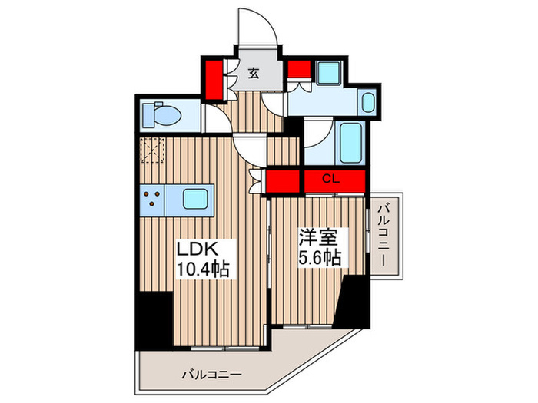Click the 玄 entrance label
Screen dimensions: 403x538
[254, 73]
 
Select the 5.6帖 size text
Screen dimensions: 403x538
[318, 257]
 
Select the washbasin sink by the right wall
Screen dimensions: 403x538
[367, 102]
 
